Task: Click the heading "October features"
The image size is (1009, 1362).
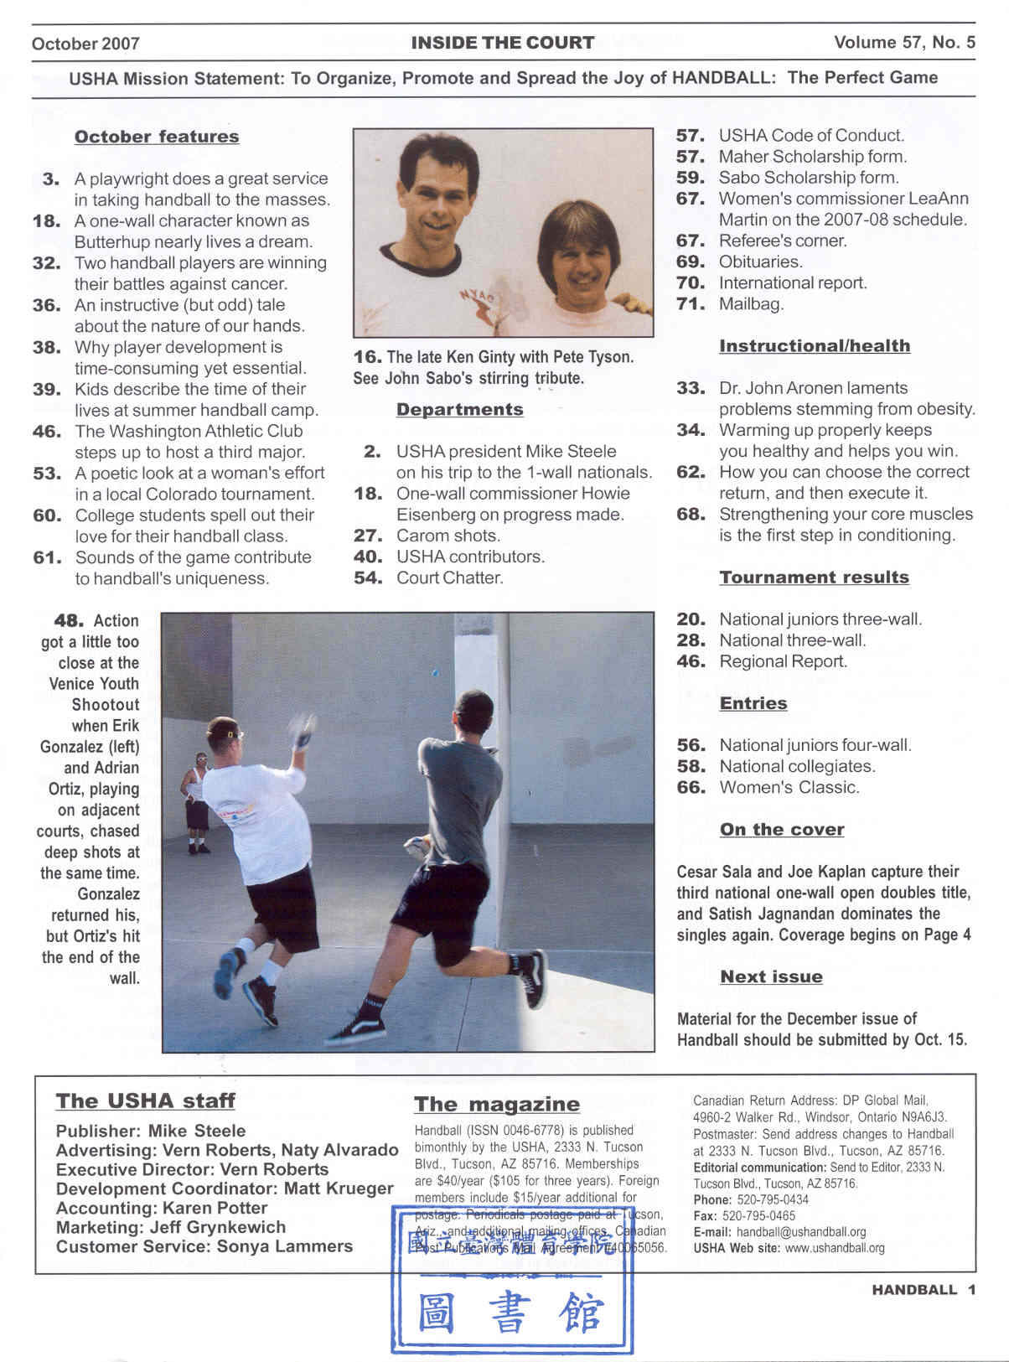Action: tap(157, 137)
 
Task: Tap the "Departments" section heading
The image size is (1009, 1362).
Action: tap(459, 410)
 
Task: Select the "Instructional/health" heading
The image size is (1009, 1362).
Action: tap(814, 346)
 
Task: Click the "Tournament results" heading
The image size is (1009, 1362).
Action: tap(814, 577)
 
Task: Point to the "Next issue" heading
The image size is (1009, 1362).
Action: tap(771, 976)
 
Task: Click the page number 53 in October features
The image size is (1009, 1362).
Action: tap(47, 474)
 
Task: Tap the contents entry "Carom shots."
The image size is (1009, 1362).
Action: tap(448, 536)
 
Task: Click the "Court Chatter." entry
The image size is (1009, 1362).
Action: tap(449, 577)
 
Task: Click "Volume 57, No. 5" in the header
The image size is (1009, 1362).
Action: tap(904, 43)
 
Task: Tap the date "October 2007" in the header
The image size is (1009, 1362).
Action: tap(85, 44)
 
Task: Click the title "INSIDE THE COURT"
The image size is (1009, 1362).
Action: tap(503, 43)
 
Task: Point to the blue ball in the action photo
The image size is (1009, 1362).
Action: tap(434, 672)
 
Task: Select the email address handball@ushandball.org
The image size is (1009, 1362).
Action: tap(800, 1232)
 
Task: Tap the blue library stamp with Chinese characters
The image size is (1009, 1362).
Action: tap(511, 1282)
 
